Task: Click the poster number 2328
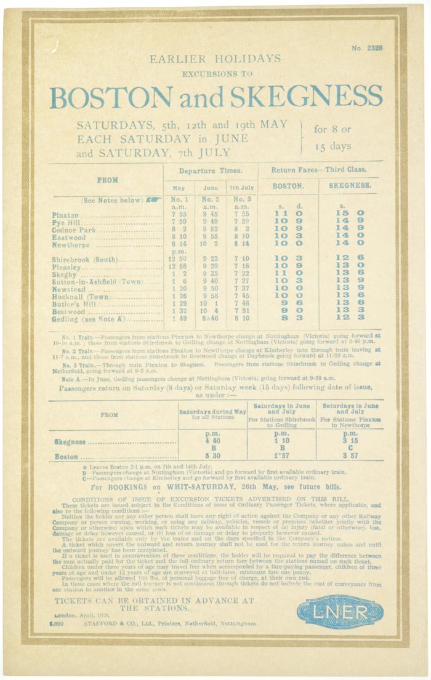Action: tap(368, 48)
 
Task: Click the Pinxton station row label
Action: tap(65, 214)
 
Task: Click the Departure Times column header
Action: tap(210, 170)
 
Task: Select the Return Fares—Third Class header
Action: tap(320, 169)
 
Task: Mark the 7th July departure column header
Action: tap(242, 188)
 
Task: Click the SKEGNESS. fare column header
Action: tap(350, 185)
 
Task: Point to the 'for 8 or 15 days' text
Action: tap(332, 138)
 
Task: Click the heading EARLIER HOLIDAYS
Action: tap(215, 59)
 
